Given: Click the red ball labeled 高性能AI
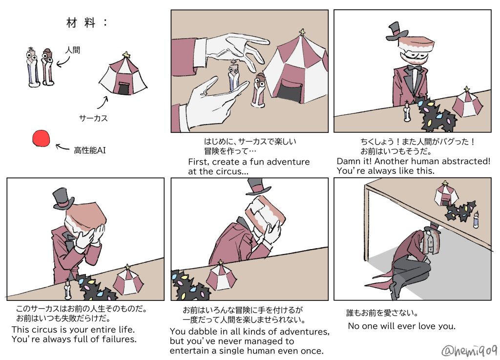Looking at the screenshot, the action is tap(41, 138).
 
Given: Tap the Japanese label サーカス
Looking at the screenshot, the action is tap(93, 118).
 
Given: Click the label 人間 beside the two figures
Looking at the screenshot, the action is tap(73, 50).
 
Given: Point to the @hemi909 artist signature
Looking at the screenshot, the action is tap(469, 351).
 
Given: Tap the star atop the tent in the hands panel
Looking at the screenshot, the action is tap(302, 32).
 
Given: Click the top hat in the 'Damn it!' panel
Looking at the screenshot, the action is tap(396, 31).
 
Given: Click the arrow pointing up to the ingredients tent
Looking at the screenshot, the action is tap(103, 103).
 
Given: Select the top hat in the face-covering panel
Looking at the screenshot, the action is tap(63, 199).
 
